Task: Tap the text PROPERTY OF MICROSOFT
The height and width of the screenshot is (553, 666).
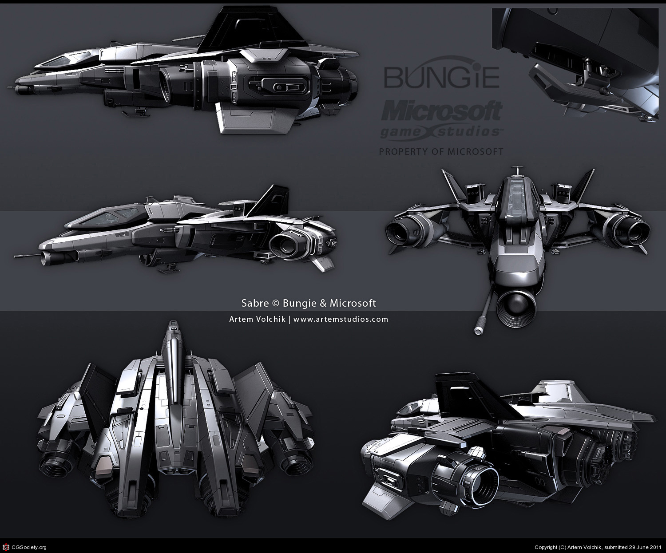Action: pyautogui.click(x=441, y=152)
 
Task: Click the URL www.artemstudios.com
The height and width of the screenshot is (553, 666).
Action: pyautogui.click(x=341, y=319)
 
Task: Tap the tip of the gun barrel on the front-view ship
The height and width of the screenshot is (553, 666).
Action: pyautogui.click(x=479, y=330)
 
